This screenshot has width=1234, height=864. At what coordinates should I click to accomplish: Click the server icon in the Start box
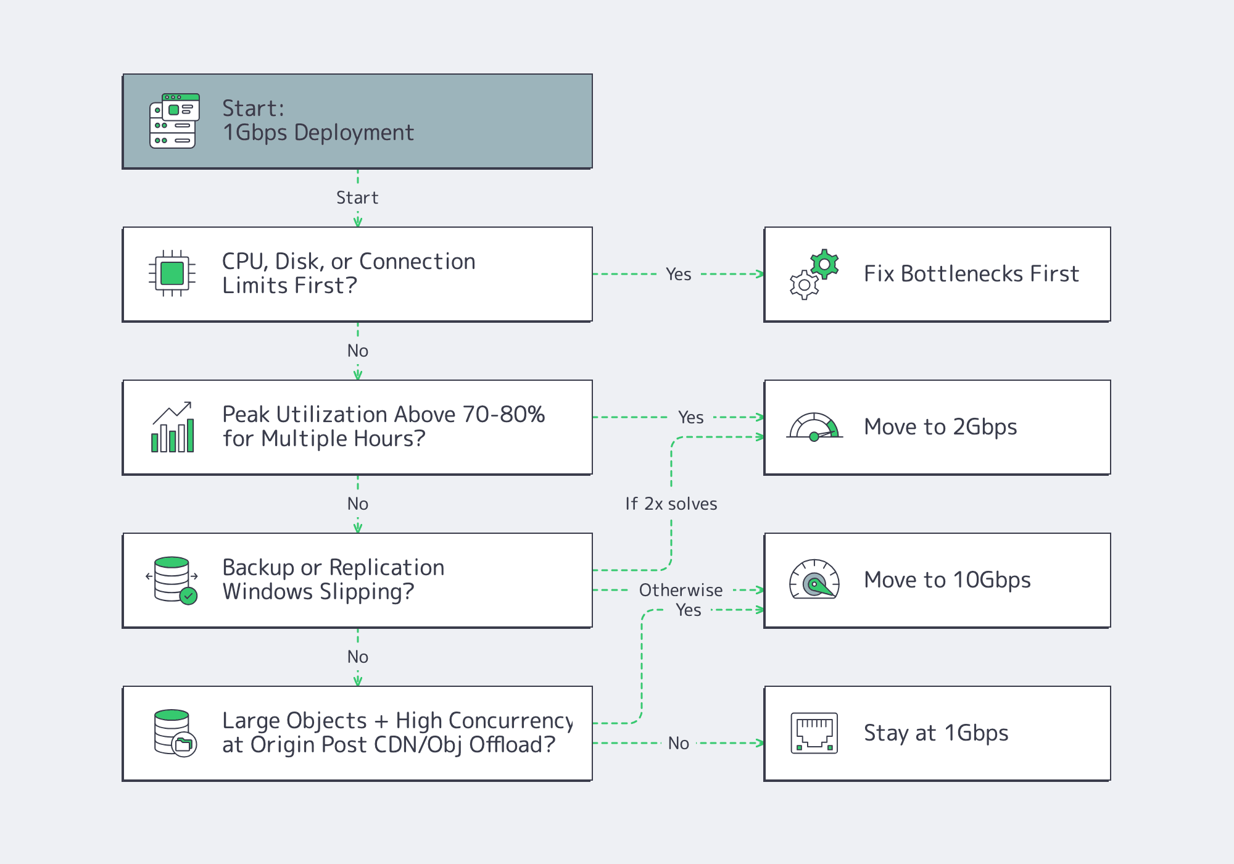[174, 121]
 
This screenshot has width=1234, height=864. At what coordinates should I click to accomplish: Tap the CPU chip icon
[172, 273]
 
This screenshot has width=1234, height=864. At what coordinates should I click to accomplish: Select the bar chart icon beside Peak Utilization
[173, 427]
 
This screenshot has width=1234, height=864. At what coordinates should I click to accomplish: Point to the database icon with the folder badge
[174, 733]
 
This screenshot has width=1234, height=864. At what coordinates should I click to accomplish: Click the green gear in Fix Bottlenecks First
[824, 265]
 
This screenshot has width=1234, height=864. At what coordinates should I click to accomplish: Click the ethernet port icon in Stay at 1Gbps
[814, 733]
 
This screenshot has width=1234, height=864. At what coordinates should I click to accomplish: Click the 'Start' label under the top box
[357, 198]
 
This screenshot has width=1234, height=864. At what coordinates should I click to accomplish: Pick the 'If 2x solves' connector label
[671, 504]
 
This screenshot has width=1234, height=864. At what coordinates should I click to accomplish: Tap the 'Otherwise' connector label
[681, 591]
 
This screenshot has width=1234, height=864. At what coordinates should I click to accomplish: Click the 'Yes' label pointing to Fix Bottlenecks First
[679, 275]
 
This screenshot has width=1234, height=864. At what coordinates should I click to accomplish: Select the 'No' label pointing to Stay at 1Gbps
[679, 744]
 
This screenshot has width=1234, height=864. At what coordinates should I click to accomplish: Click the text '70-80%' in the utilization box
[503, 415]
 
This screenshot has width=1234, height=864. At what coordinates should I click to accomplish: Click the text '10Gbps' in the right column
[992, 580]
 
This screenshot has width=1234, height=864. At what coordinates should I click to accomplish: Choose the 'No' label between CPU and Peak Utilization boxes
[358, 351]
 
